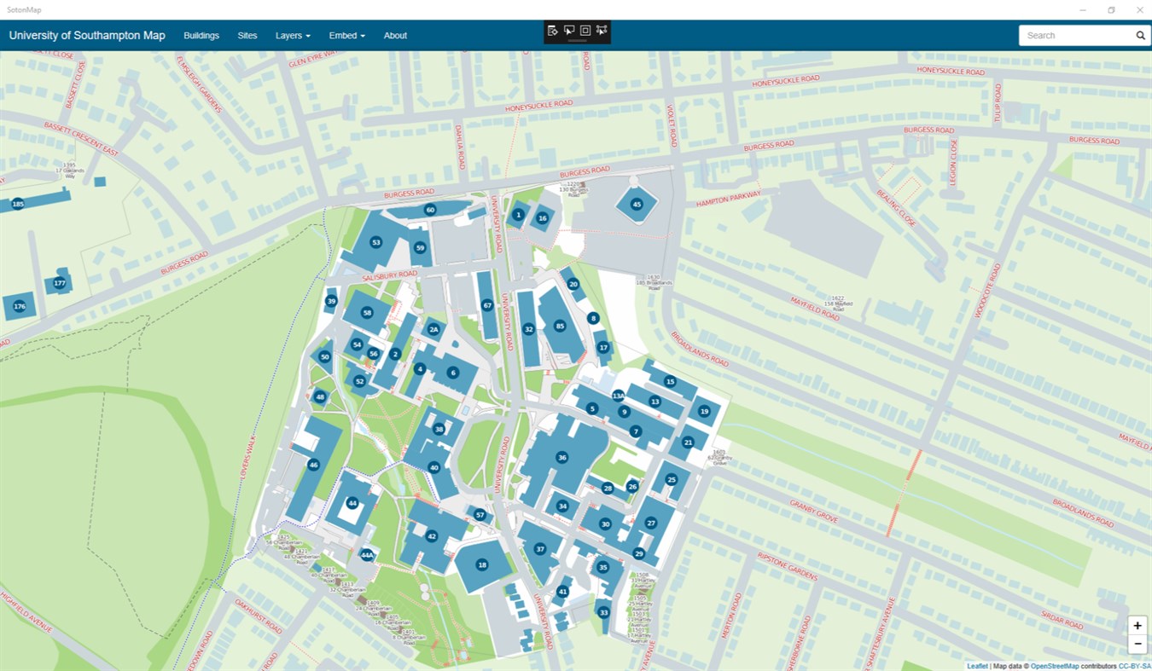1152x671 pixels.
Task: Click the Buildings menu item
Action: click(x=201, y=36)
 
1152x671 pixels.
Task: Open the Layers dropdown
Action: click(x=293, y=36)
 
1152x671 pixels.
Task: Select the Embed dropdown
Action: click(x=346, y=36)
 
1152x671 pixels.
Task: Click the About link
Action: click(x=395, y=36)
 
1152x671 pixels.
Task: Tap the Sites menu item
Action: click(x=247, y=36)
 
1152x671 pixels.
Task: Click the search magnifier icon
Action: click(x=1140, y=36)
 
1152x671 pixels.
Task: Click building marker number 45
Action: click(x=636, y=204)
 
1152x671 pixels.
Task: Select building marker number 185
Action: click(x=17, y=204)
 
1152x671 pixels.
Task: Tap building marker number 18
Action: click(x=482, y=564)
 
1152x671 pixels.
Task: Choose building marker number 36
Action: click(x=561, y=458)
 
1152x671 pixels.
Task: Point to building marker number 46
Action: click(x=313, y=465)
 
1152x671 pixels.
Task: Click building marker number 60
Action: click(x=430, y=210)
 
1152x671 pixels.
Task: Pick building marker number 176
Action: click(x=20, y=306)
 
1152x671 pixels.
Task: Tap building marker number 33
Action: click(x=603, y=612)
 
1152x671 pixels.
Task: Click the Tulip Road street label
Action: click(x=997, y=102)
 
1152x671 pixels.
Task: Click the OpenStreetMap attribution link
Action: click(x=1055, y=666)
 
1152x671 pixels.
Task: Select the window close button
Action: click(x=1139, y=10)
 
